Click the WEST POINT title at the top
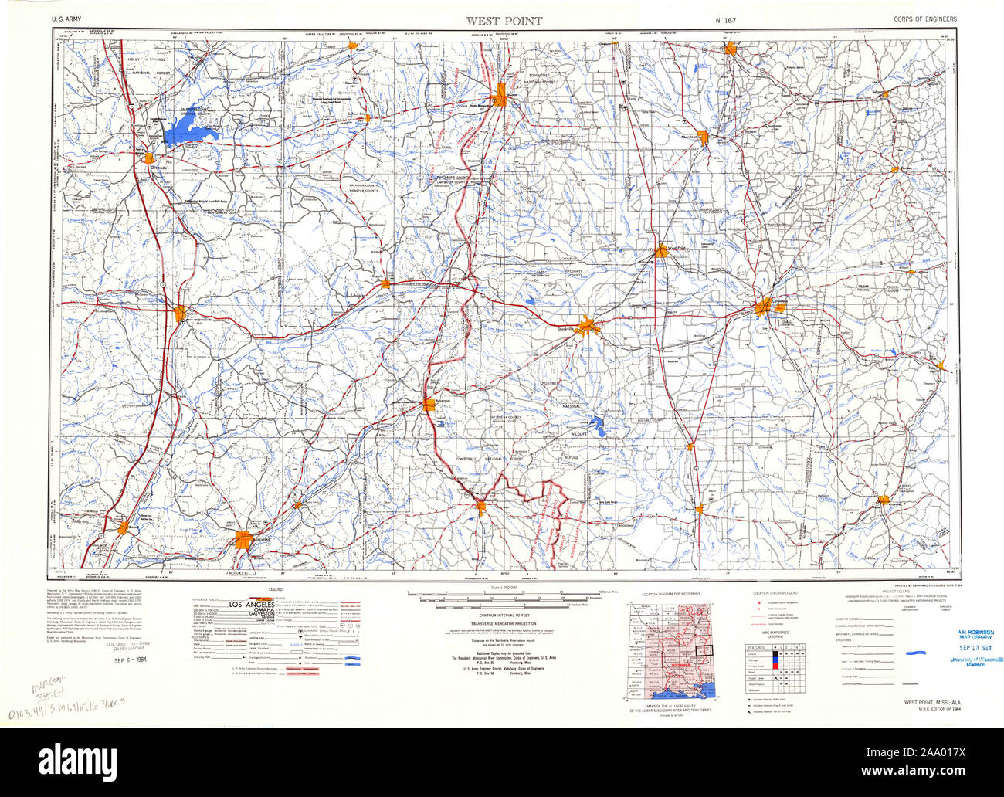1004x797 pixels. tap(504, 21)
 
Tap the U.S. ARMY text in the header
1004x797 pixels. tap(66, 18)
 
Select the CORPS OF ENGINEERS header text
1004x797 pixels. tap(924, 19)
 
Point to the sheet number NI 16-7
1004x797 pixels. tap(721, 19)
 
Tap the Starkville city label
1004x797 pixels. tap(569, 330)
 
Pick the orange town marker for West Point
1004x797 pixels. tap(662, 250)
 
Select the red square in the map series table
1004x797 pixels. tap(782, 665)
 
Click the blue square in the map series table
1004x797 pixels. tap(782, 659)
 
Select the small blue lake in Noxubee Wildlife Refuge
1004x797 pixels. tap(597, 422)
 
